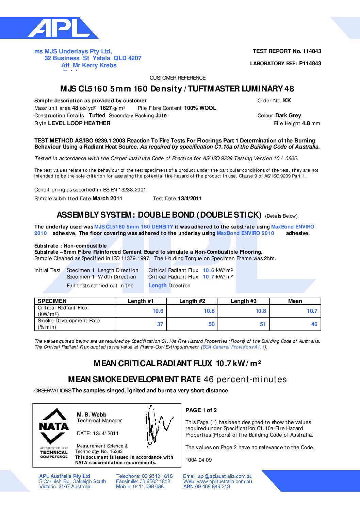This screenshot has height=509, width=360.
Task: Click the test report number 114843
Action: pos(312,51)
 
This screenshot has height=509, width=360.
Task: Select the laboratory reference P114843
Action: pos(310,64)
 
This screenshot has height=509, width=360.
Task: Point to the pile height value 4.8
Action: pos(306,123)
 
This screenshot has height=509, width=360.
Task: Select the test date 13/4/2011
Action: pos(190,199)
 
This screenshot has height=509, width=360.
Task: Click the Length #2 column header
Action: pos(192,301)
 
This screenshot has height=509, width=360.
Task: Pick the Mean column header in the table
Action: pos(295,301)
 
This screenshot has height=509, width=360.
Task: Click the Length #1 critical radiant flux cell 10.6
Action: pos(158,311)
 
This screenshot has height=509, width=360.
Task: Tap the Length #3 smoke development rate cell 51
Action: pos(263,324)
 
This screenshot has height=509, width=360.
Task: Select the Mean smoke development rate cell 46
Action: pos(314,324)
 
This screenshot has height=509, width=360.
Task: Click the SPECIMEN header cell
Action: pos(52,301)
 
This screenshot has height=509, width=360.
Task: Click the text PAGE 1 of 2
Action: pos(201,410)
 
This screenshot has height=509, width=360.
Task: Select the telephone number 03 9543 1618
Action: pos(157,476)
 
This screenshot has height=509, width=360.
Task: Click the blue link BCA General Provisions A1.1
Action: pos(233,347)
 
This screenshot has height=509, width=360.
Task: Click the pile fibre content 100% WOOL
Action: pos(200,108)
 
